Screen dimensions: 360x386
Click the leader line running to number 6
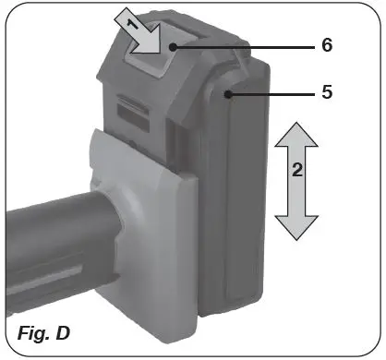point(259,45)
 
